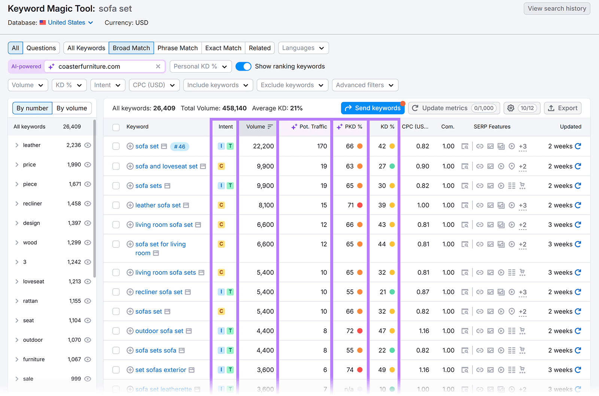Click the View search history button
pos(557,9)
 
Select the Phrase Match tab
pos(177,48)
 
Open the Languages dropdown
pos(303,48)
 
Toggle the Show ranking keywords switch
pos(243,66)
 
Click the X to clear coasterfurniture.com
pos(158,66)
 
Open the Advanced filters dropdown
pos(365,85)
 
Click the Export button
pos(563,108)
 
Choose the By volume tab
pos(72,108)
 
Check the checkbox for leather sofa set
pos(116,205)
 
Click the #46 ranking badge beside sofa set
pos(180,147)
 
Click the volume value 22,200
pos(263,146)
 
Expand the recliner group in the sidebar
pos(17,203)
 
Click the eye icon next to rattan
pos(88,301)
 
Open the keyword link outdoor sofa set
pos(159,331)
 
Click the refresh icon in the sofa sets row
pos(578,186)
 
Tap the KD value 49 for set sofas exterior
pos(382,370)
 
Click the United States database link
pos(66,22)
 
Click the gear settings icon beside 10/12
pos(511,108)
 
